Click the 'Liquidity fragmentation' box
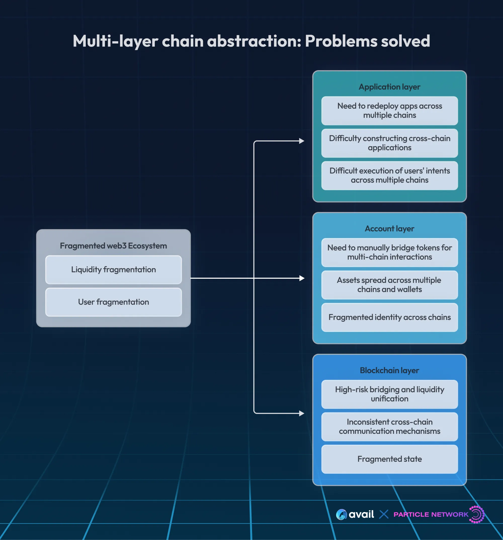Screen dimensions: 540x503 point(113,269)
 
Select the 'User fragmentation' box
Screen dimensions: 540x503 point(113,302)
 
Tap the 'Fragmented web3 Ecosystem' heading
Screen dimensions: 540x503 point(113,245)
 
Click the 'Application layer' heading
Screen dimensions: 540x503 point(389,87)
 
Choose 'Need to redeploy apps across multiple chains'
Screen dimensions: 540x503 point(389,111)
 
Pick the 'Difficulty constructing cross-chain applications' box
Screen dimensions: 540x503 point(389,143)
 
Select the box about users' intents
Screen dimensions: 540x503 point(389,176)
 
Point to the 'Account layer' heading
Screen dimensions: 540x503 point(389,229)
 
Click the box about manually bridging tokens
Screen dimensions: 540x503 point(389,252)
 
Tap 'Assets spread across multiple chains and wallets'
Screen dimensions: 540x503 point(389,285)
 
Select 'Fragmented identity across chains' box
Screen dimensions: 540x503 point(389,317)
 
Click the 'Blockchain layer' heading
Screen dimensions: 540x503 point(389,370)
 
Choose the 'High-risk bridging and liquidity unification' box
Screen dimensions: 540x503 point(389,394)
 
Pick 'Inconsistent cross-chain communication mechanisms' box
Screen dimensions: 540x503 point(389,427)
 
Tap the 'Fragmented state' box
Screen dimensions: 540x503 point(389,459)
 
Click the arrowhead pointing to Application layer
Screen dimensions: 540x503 point(302,141)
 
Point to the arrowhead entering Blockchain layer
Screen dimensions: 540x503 point(302,413)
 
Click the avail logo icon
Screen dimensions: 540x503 point(341,514)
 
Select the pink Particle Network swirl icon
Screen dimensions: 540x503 point(477,514)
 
